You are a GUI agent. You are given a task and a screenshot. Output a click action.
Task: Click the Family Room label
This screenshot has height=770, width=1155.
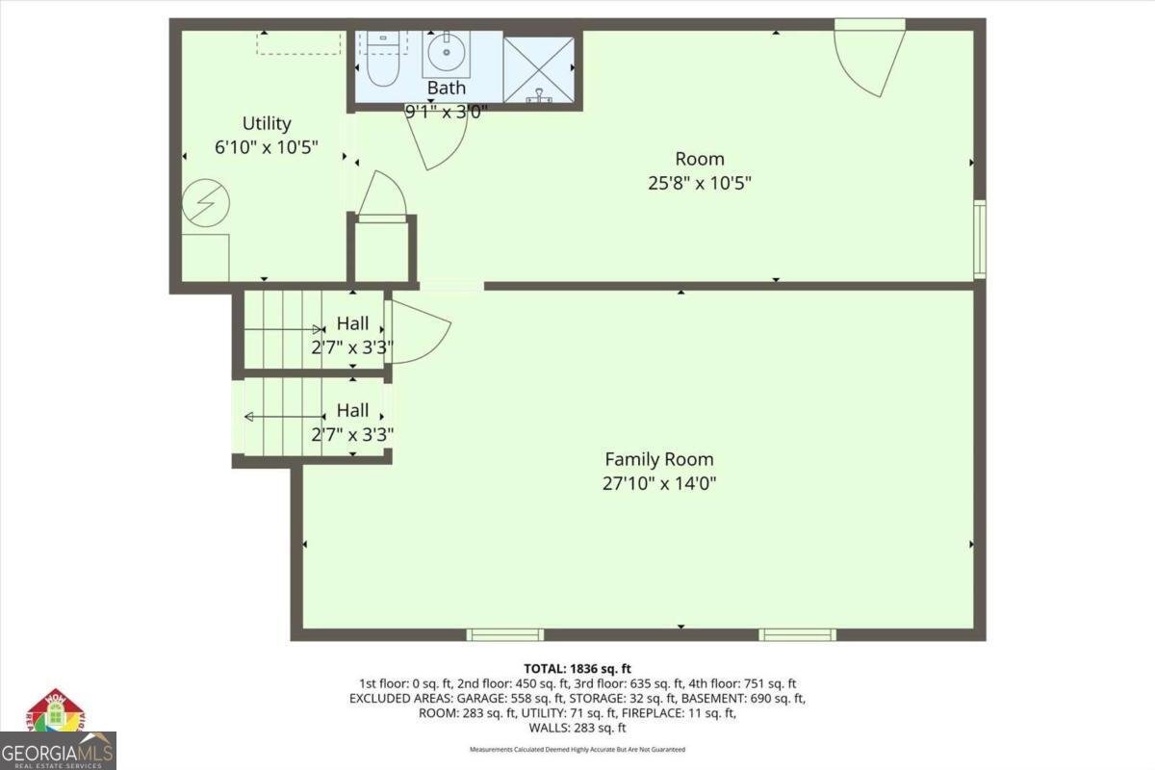coord(658,459)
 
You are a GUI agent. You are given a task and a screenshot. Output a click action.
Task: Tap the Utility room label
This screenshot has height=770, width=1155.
coord(267,124)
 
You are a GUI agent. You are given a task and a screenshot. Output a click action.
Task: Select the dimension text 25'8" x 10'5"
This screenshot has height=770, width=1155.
coord(699,183)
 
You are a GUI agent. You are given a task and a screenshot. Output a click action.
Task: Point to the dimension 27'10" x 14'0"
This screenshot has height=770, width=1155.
coord(658,483)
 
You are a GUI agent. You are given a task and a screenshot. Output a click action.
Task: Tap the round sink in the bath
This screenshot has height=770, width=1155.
coord(446,55)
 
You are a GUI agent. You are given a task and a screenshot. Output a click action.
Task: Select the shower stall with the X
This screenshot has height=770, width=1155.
coord(539,69)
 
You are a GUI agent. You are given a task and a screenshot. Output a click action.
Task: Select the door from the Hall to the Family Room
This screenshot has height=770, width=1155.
coord(416,332)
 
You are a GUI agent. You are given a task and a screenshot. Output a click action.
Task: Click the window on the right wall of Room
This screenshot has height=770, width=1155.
coord(979,239)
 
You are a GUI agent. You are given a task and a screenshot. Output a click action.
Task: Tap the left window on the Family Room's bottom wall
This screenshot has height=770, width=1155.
coord(505,634)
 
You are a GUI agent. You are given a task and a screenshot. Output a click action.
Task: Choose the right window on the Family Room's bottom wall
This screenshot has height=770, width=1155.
coord(797,634)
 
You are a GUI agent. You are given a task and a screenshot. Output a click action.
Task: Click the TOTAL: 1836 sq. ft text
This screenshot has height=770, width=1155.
coord(577,668)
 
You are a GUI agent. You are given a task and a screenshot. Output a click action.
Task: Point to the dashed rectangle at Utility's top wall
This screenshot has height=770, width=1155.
coord(299,42)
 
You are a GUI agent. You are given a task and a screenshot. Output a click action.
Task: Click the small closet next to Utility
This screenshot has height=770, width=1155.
coord(382,252)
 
